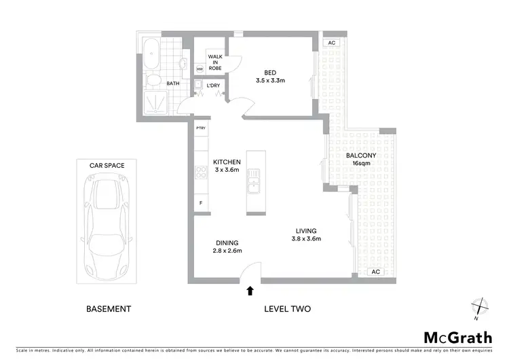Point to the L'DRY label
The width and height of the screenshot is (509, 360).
tap(212, 86)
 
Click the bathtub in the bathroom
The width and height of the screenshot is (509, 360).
tap(151, 54)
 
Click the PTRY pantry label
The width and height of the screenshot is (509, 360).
tap(201, 128)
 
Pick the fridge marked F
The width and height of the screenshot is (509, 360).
tap(201, 203)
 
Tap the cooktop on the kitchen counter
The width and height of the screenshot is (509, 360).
tap(202, 173)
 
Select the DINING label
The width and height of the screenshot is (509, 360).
tap(227, 243)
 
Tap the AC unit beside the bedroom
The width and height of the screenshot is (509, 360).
tap(331, 43)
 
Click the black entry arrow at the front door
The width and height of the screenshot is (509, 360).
tap(250, 291)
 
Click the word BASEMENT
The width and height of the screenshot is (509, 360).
tap(109, 309)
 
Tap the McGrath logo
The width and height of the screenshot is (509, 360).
tap(457, 337)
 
